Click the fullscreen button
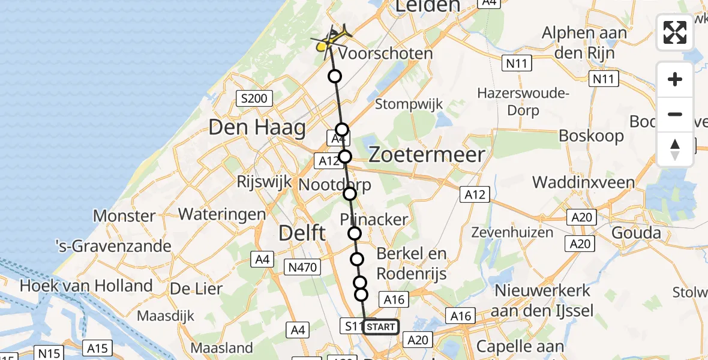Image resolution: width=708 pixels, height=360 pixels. [675, 32]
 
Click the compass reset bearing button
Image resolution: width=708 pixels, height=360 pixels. [675, 149]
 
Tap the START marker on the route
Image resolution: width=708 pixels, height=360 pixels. [380, 327]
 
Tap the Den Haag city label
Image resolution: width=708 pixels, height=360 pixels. [257, 128]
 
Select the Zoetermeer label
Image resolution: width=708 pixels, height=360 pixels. [427, 155]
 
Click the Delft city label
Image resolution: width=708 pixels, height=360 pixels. [302, 232]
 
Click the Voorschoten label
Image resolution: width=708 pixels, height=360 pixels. [385, 53]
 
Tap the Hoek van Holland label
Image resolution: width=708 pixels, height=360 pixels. [86, 286]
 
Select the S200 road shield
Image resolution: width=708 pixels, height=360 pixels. [254, 98]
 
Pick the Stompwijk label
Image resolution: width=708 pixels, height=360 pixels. [409, 104]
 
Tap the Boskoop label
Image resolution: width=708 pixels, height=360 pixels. [591, 136]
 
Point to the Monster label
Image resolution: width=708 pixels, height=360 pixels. [125, 216]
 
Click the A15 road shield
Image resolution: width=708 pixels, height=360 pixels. [97, 348]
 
